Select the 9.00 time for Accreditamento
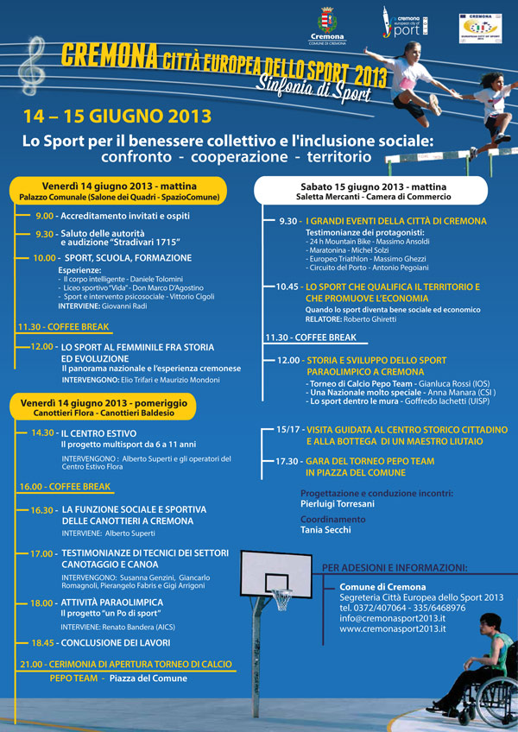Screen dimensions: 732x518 [x=45, y=216]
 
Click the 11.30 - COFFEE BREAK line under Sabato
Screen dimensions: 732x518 [x=311, y=338]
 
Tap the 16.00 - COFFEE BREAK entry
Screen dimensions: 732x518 [x=65, y=487]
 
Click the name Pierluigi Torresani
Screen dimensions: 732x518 [x=338, y=503]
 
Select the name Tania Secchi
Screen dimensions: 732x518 [x=326, y=530]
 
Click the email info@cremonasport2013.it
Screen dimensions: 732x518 [x=393, y=618]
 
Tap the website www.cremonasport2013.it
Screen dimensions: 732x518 [x=393, y=629]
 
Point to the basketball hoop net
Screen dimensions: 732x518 [x=282, y=599]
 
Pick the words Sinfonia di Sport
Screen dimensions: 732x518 [x=308, y=86]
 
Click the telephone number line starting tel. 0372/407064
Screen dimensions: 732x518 [x=402, y=608]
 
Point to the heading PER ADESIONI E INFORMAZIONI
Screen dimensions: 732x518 [x=395, y=568]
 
